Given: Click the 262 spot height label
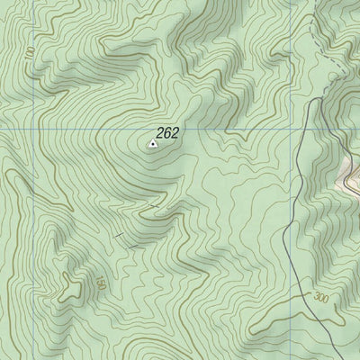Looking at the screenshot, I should point(167,133).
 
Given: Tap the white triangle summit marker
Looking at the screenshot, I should point(151,142).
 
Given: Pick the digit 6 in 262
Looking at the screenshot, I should point(167,133).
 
